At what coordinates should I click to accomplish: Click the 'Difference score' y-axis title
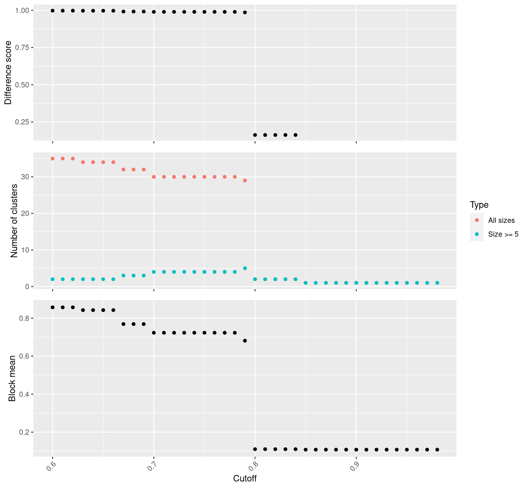[8, 72]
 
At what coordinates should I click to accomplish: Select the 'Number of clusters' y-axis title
[14, 220]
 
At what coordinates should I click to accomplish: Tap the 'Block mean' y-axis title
[12, 378]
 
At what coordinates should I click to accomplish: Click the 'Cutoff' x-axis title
[245, 478]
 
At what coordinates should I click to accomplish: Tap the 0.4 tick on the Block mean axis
[24, 394]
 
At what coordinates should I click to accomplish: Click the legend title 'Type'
[479, 205]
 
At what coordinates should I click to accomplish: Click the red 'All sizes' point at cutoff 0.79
[245, 181]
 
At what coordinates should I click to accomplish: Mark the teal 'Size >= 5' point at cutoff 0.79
[245, 268]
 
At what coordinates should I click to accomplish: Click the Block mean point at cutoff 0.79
[245, 341]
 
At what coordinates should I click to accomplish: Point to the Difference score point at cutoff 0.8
[255, 135]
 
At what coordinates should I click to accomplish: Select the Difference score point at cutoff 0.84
[295, 135]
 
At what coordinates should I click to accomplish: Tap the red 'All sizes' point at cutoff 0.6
[52, 159]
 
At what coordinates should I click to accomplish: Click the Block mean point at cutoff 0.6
[52, 307]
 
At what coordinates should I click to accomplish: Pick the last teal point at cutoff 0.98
[437, 283]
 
